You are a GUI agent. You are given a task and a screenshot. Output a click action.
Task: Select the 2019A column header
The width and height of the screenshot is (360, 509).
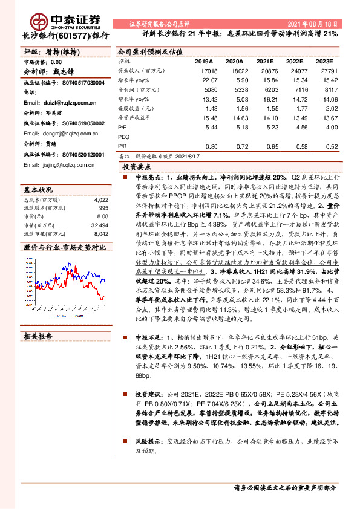(x=203, y=62)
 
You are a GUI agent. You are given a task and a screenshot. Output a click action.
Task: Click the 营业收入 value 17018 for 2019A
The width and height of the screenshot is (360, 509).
(x=208, y=71)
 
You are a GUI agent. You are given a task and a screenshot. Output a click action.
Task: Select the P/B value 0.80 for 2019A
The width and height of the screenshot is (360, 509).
(x=211, y=146)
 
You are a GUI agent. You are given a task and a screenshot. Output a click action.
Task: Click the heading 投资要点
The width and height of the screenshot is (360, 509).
(x=137, y=166)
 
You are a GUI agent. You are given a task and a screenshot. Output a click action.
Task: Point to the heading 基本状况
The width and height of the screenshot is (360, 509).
(x=39, y=189)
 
